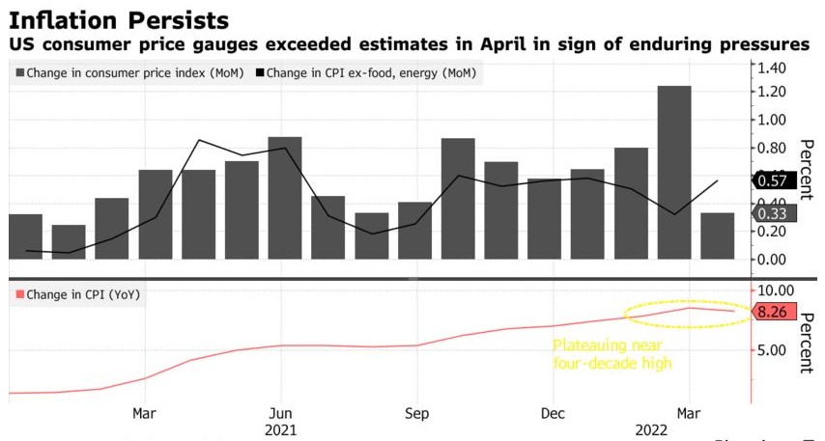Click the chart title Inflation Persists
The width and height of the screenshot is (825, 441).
point(120,19)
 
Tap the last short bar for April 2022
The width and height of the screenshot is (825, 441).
point(717,235)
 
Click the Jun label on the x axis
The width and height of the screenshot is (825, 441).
point(280,413)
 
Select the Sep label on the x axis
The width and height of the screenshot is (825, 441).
point(416,413)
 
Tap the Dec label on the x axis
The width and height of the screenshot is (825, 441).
point(553,413)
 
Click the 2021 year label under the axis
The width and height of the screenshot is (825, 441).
point(280,429)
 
